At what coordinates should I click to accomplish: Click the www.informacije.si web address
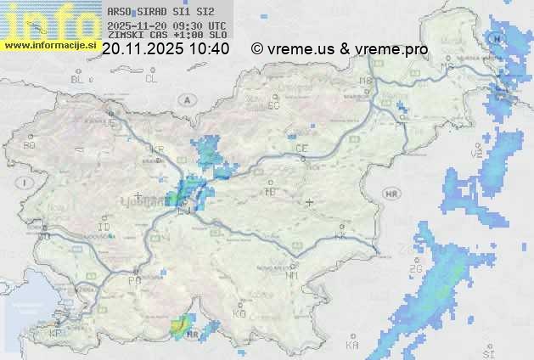[50, 46]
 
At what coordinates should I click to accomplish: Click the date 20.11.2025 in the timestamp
[140, 49]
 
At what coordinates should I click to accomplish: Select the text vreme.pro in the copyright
[395, 49]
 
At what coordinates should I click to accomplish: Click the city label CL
[151, 79]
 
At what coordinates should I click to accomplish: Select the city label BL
[78, 79]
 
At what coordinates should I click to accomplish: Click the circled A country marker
[185, 100]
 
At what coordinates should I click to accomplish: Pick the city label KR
[157, 149]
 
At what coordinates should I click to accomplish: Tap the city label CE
[301, 149]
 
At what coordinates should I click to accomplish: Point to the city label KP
[55, 334]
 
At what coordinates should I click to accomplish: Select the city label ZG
[416, 270]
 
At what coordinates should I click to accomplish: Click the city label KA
[352, 346]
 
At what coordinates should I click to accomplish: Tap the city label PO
[133, 280]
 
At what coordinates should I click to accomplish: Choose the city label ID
[104, 228]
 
